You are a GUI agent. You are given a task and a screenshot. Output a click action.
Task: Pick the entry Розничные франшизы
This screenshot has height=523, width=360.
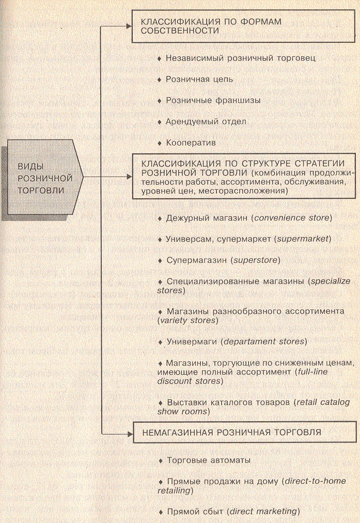coord(206,100)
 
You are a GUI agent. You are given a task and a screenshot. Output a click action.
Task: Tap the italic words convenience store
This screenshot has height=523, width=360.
coord(291,218)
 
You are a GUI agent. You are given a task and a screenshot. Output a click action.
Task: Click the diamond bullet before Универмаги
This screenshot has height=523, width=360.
coord(160,342)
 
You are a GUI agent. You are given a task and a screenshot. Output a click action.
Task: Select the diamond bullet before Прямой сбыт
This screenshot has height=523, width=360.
coord(160,512)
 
